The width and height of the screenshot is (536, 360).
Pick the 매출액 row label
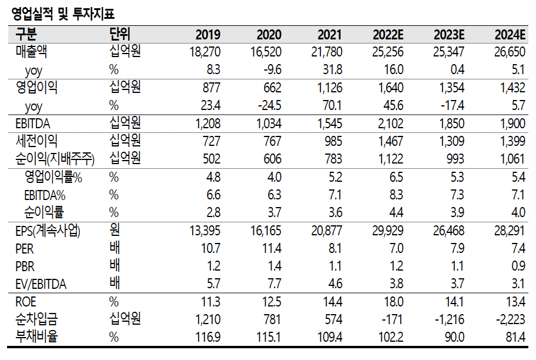[32, 52]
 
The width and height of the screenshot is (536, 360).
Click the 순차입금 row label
[36, 320]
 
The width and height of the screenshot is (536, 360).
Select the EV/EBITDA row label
[41, 285]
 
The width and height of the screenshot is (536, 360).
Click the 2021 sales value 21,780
[326, 52]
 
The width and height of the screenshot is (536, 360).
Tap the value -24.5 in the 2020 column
[270, 106]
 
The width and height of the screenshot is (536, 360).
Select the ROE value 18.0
[393, 302]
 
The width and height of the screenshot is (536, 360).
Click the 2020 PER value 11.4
[271, 249]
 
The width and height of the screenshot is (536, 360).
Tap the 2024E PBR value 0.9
[518, 266]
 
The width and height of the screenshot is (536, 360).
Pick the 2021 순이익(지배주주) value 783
[333, 159]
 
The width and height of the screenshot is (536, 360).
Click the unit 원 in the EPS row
[115, 231]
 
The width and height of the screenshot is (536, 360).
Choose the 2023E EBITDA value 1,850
[451, 124]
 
